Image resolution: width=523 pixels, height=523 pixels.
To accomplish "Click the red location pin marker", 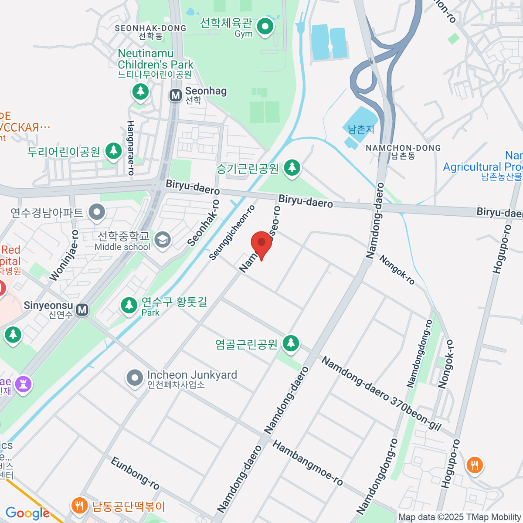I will point(261,243).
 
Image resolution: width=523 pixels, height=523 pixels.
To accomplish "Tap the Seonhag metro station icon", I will point(176,95).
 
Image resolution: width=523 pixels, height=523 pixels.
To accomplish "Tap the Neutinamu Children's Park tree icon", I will point(140,91).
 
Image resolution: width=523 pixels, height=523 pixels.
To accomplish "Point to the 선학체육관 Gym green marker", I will point(265,27).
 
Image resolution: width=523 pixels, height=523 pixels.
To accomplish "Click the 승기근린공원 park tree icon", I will point(292,167).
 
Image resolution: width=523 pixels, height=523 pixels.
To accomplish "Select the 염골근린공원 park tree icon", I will point(291,343).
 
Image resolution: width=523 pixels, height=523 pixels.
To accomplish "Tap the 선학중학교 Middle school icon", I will point(163,240).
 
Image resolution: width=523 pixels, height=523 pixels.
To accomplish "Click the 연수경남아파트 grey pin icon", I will point(97,212).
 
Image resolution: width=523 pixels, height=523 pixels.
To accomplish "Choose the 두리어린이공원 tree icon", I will point(114,151).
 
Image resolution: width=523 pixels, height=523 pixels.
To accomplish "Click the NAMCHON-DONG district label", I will point(403,148).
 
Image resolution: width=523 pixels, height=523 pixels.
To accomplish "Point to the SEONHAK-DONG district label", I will point(150,28).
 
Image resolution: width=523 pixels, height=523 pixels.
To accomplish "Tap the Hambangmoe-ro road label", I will point(308,463).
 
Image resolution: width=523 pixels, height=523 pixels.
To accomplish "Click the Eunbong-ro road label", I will point(135,473).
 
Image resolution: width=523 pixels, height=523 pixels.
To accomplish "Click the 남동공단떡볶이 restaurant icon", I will point(78,506).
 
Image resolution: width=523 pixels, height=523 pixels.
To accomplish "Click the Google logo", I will point(27,513).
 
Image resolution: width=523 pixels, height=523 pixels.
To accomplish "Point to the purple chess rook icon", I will point(23,384).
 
